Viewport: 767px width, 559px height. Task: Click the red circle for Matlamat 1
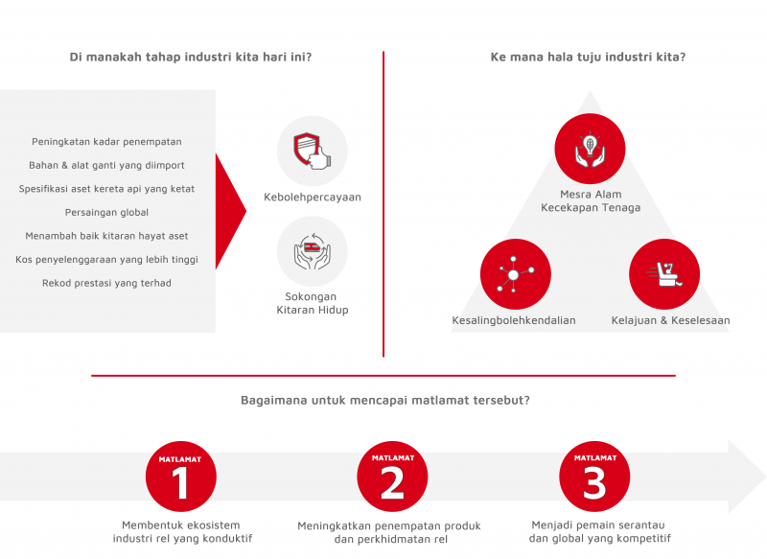tap(180, 477)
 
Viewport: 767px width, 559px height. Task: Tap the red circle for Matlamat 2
tap(392, 477)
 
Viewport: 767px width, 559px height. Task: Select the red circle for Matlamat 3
tap(594, 477)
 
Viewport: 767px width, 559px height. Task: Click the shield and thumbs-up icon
tap(313, 151)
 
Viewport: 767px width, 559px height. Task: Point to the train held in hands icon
tap(313, 251)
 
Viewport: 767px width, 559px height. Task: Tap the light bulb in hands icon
tap(590, 150)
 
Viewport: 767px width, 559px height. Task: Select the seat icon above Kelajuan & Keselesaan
tap(664, 274)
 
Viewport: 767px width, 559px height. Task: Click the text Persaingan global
tap(106, 212)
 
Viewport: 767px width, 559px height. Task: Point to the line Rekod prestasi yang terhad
tap(106, 283)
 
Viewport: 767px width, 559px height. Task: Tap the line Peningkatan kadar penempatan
tap(106, 141)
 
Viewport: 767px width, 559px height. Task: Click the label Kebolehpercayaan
tap(313, 198)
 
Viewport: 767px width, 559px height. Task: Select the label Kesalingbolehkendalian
tap(514, 320)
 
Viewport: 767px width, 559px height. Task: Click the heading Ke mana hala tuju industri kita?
tap(588, 57)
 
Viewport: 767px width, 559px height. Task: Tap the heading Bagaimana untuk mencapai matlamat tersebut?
tap(385, 400)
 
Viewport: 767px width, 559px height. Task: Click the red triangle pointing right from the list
tap(229, 211)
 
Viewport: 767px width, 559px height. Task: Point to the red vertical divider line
tap(383, 204)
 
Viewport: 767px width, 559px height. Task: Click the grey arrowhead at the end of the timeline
tap(746, 477)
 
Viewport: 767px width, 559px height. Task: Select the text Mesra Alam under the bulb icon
tap(591, 194)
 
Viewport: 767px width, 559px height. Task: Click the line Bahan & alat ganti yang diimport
tap(106, 165)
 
